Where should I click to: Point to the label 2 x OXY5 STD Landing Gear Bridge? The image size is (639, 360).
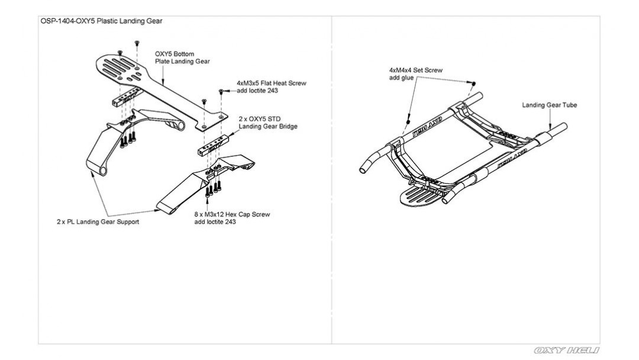point(267,123)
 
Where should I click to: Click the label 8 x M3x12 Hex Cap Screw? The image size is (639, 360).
point(232,214)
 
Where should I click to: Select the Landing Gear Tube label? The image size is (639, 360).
point(549,105)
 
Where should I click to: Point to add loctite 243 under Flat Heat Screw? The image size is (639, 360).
point(257,91)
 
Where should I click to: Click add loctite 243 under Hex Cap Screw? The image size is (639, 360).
point(215,222)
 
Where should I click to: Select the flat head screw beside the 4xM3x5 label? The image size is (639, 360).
point(221,91)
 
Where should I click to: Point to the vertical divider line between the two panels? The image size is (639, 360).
point(331,178)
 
